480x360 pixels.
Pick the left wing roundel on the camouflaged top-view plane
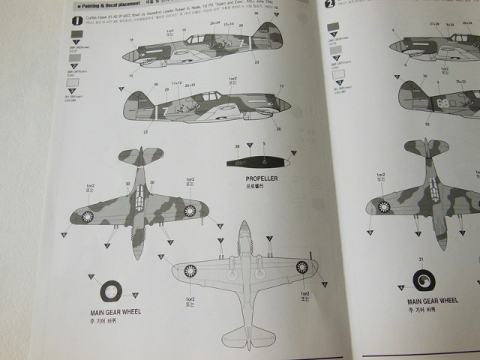point(87,217)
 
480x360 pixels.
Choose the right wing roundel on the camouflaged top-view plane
point(190,210)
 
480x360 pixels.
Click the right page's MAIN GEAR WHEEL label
point(430,301)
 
